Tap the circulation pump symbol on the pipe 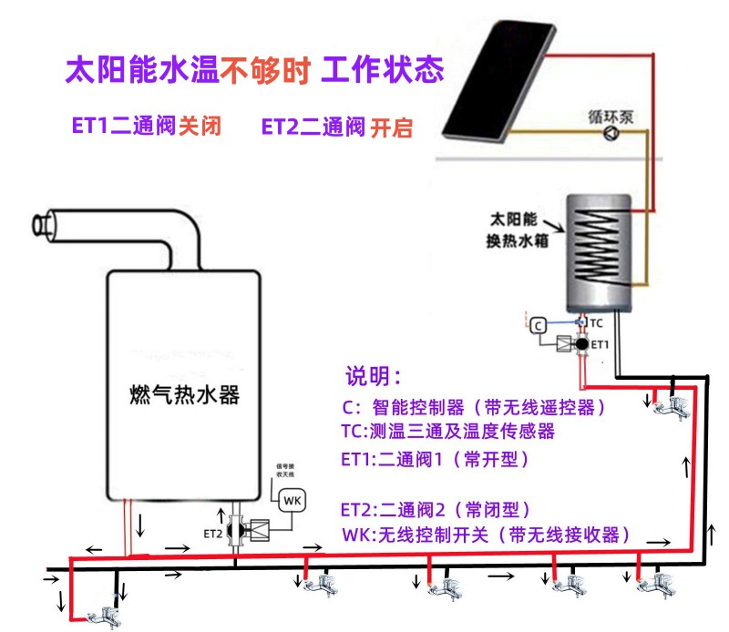tap(609, 134)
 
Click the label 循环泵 tap(611, 117)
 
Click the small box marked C tap(539, 324)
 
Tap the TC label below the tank tap(596, 323)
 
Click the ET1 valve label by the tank tap(599, 345)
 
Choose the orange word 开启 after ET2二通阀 tap(391, 127)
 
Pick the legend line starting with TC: tap(447, 431)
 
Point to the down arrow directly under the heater tap(139, 525)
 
